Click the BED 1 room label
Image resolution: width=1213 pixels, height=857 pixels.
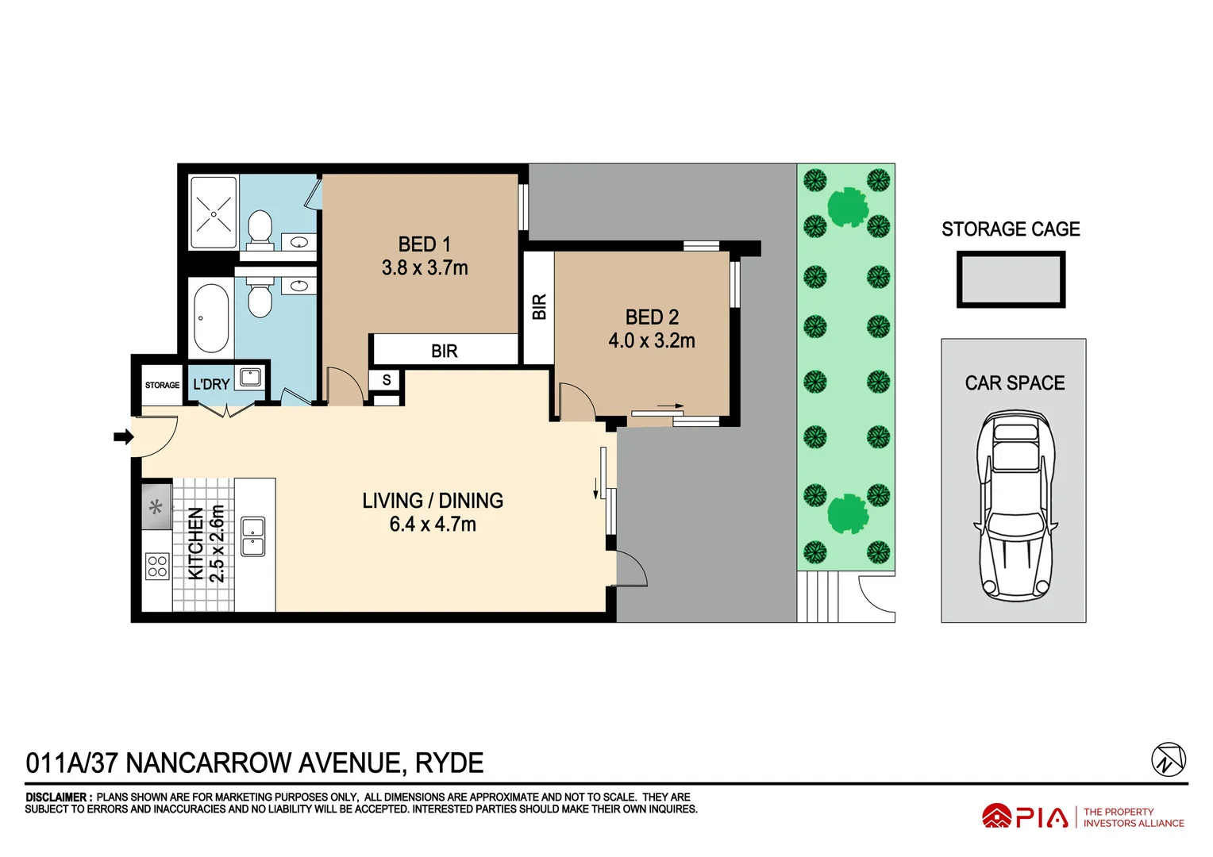click(424, 244)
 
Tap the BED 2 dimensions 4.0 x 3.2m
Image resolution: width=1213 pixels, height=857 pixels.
click(651, 341)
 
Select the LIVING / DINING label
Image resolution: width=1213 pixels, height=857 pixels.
click(433, 501)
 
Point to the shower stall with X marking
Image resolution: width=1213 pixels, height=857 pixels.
click(214, 213)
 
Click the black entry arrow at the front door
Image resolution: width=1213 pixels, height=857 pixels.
click(123, 436)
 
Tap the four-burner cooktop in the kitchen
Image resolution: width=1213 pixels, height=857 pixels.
click(157, 566)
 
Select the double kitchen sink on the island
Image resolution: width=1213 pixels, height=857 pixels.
click(253, 536)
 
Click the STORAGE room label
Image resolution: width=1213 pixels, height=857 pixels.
click(162, 385)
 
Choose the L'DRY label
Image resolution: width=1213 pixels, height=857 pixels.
click(211, 384)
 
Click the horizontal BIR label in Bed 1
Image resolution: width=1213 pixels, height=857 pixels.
click(444, 351)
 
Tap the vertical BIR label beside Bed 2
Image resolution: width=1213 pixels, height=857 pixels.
click(539, 307)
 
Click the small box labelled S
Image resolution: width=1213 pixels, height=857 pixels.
click(387, 380)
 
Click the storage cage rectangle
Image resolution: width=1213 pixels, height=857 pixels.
click(1011, 279)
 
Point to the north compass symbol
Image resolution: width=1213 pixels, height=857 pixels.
click(1168, 759)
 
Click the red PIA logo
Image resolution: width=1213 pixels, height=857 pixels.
click(1025, 817)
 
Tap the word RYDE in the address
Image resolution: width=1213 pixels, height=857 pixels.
click(449, 763)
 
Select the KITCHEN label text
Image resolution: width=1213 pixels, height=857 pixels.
click(195, 544)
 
